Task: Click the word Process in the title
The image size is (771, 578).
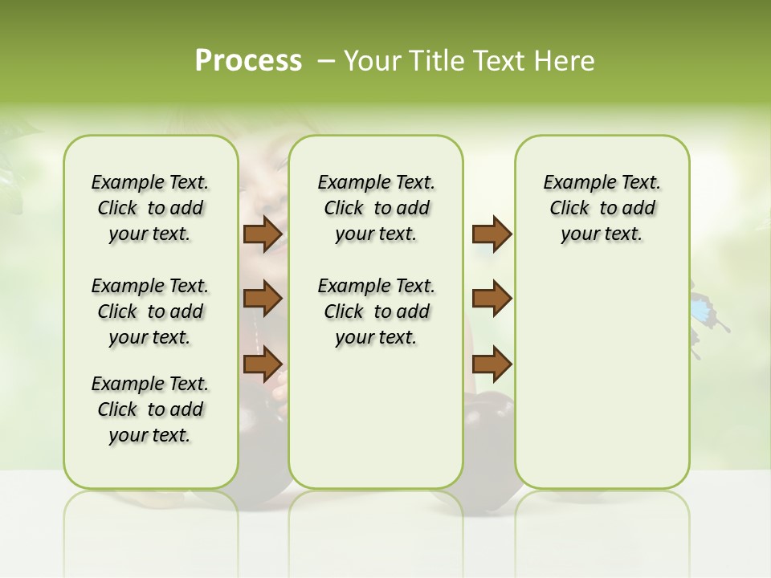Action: coord(248,61)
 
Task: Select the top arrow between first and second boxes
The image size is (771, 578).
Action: coord(263,234)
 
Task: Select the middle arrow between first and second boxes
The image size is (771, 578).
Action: coord(263,299)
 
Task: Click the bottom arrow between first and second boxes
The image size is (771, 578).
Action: coord(263,364)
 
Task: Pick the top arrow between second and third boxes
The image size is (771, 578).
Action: coord(492,234)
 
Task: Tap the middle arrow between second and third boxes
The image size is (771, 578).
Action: coord(492,299)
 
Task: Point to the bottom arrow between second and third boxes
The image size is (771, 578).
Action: coord(492,364)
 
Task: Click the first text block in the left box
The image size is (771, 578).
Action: coord(150,208)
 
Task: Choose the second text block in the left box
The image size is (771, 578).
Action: coord(150,311)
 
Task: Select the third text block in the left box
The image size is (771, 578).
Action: coord(150,409)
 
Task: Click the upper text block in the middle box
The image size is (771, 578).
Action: coord(376,208)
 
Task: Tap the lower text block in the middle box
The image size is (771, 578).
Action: coord(376,311)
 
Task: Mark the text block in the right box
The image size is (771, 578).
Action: coord(602,208)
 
